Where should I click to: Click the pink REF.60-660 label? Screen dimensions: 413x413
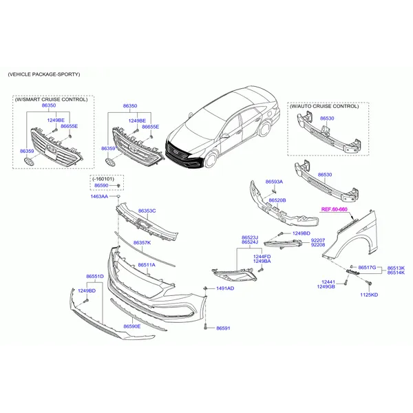point(335,209)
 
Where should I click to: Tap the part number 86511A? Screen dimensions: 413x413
point(147,265)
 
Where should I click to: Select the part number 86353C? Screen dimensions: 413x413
point(147,211)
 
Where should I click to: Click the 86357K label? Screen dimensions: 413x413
point(142,242)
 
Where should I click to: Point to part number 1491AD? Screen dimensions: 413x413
point(225,288)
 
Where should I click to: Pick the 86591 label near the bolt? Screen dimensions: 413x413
point(223,328)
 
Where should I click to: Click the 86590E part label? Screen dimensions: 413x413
point(132,326)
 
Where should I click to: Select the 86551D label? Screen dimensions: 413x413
point(95,276)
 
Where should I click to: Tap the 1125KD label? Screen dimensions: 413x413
point(369,295)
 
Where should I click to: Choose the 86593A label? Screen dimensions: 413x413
point(274,182)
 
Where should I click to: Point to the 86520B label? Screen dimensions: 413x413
point(277,200)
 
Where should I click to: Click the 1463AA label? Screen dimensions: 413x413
point(99,196)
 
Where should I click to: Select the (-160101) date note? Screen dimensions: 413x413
point(103,179)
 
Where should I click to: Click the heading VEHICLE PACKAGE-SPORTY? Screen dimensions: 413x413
point(44,74)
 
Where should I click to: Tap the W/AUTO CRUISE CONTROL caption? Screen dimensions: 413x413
point(324,106)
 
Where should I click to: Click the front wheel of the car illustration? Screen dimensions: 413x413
point(211,159)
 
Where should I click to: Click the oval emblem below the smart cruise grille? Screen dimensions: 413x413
point(29,162)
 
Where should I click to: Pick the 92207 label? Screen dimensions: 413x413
point(318,240)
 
